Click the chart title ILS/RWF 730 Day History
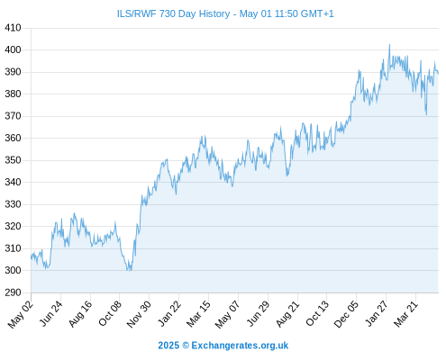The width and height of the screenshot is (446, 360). (173, 13)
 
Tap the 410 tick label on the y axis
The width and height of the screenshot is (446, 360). (13, 28)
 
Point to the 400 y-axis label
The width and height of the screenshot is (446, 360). (13, 49)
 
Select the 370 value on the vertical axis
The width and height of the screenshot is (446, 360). (13, 116)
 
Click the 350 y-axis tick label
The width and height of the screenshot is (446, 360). (13, 160)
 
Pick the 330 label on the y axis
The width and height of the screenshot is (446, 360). (13, 204)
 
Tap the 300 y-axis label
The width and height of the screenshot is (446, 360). (13, 270)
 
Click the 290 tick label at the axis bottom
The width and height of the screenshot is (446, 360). (13, 292)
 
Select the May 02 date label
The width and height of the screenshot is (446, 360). (21, 314)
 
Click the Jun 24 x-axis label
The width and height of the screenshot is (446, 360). (51, 313)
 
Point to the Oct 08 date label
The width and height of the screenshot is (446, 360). (110, 313)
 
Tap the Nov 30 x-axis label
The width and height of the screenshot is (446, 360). (139, 314)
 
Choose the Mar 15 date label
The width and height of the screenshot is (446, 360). (198, 314)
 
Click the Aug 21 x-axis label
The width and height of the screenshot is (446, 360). (288, 314)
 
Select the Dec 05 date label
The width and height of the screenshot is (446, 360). (346, 314)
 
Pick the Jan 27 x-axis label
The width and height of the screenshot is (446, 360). (377, 313)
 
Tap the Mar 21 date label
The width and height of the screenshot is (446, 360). (406, 314)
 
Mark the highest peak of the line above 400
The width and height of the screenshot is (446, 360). (389, 45)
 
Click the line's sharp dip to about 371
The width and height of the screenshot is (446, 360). (426, 114)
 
